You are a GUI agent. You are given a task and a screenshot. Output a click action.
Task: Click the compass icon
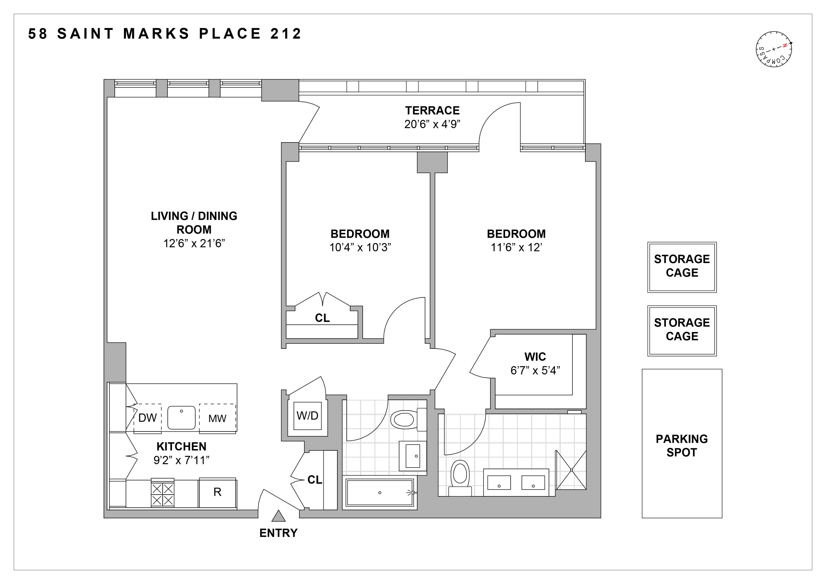coord(774,49)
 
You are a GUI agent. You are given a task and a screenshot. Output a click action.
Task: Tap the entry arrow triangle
coord(279,516)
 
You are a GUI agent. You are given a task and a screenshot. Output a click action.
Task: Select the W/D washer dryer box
coord(307,416)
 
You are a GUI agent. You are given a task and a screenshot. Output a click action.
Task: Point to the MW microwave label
coord(217,419)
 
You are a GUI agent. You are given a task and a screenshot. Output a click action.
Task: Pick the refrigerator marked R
coord(217,492)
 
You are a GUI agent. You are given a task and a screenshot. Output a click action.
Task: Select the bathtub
coord(379,493)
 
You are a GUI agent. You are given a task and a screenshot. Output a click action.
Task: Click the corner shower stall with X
coord(571,470)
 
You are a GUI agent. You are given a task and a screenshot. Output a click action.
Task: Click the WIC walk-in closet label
coord(535,357)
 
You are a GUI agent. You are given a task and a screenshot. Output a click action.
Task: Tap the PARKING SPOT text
coord(682,446)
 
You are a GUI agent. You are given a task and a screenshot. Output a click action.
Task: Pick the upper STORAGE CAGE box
coord(682,267)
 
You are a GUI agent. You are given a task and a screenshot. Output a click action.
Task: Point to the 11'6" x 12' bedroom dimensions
coord(516,248)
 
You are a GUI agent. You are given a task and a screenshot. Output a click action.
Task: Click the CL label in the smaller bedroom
coord(322,318)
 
